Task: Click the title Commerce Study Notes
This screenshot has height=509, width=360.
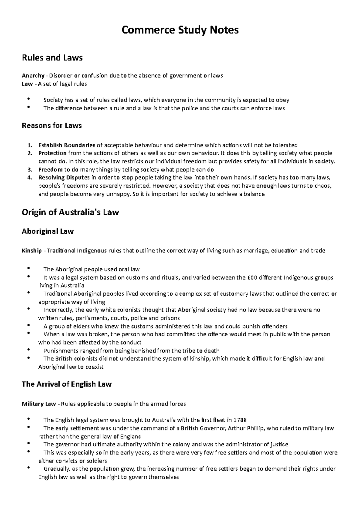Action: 180,30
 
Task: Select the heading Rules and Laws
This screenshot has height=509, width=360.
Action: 52,58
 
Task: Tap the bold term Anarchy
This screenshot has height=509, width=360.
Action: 33,76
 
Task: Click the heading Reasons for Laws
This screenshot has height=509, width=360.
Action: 52,125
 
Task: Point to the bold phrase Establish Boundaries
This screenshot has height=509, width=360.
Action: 67,145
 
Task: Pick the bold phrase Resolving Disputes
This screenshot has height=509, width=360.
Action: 64,178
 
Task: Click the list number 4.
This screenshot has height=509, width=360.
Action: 29,178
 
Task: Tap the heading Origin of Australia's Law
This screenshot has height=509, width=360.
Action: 70,212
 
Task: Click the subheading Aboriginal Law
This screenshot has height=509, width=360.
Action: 48,231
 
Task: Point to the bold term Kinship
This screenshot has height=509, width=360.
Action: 32,251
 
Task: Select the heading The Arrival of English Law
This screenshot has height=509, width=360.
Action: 67,384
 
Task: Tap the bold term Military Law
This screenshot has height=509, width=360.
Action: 39,404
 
